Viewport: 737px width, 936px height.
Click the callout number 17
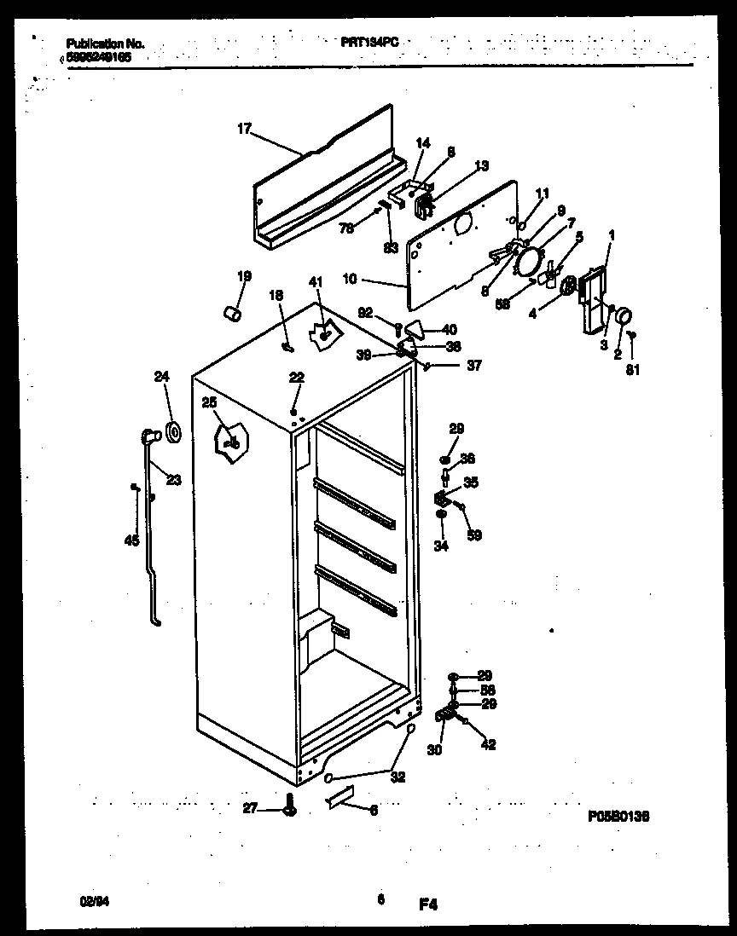pos(244,129)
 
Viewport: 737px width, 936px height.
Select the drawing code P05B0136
pos(618,816)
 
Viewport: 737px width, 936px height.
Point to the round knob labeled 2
pos(624,317)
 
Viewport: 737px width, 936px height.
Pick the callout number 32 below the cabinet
pos(398,777)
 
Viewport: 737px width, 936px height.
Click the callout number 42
pos(488,745)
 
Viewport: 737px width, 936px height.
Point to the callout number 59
pos(474,535)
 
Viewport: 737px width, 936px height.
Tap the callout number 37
pos(473,366)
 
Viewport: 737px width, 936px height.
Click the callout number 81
pos(632,369)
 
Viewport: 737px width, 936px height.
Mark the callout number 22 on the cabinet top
pos(295,378)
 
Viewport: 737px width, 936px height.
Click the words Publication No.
pos(105,43)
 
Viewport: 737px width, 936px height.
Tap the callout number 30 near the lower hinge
pos(434,751)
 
